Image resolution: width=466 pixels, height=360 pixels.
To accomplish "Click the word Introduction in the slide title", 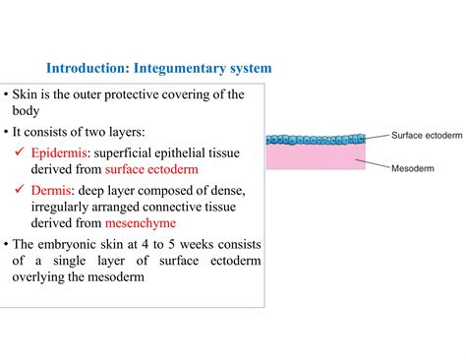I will [87, 69].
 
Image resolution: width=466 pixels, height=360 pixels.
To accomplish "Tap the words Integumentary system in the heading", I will [203, 69].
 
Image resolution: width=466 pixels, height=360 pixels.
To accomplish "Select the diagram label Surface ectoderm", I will [426, 135].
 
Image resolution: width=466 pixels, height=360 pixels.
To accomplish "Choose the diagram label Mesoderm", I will [412, 168].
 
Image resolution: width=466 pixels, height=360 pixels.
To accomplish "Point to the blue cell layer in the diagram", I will [315, 140].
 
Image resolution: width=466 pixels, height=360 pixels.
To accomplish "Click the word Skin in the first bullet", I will [26, 94].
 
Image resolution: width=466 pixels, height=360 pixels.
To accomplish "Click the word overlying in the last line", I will [40, 276].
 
